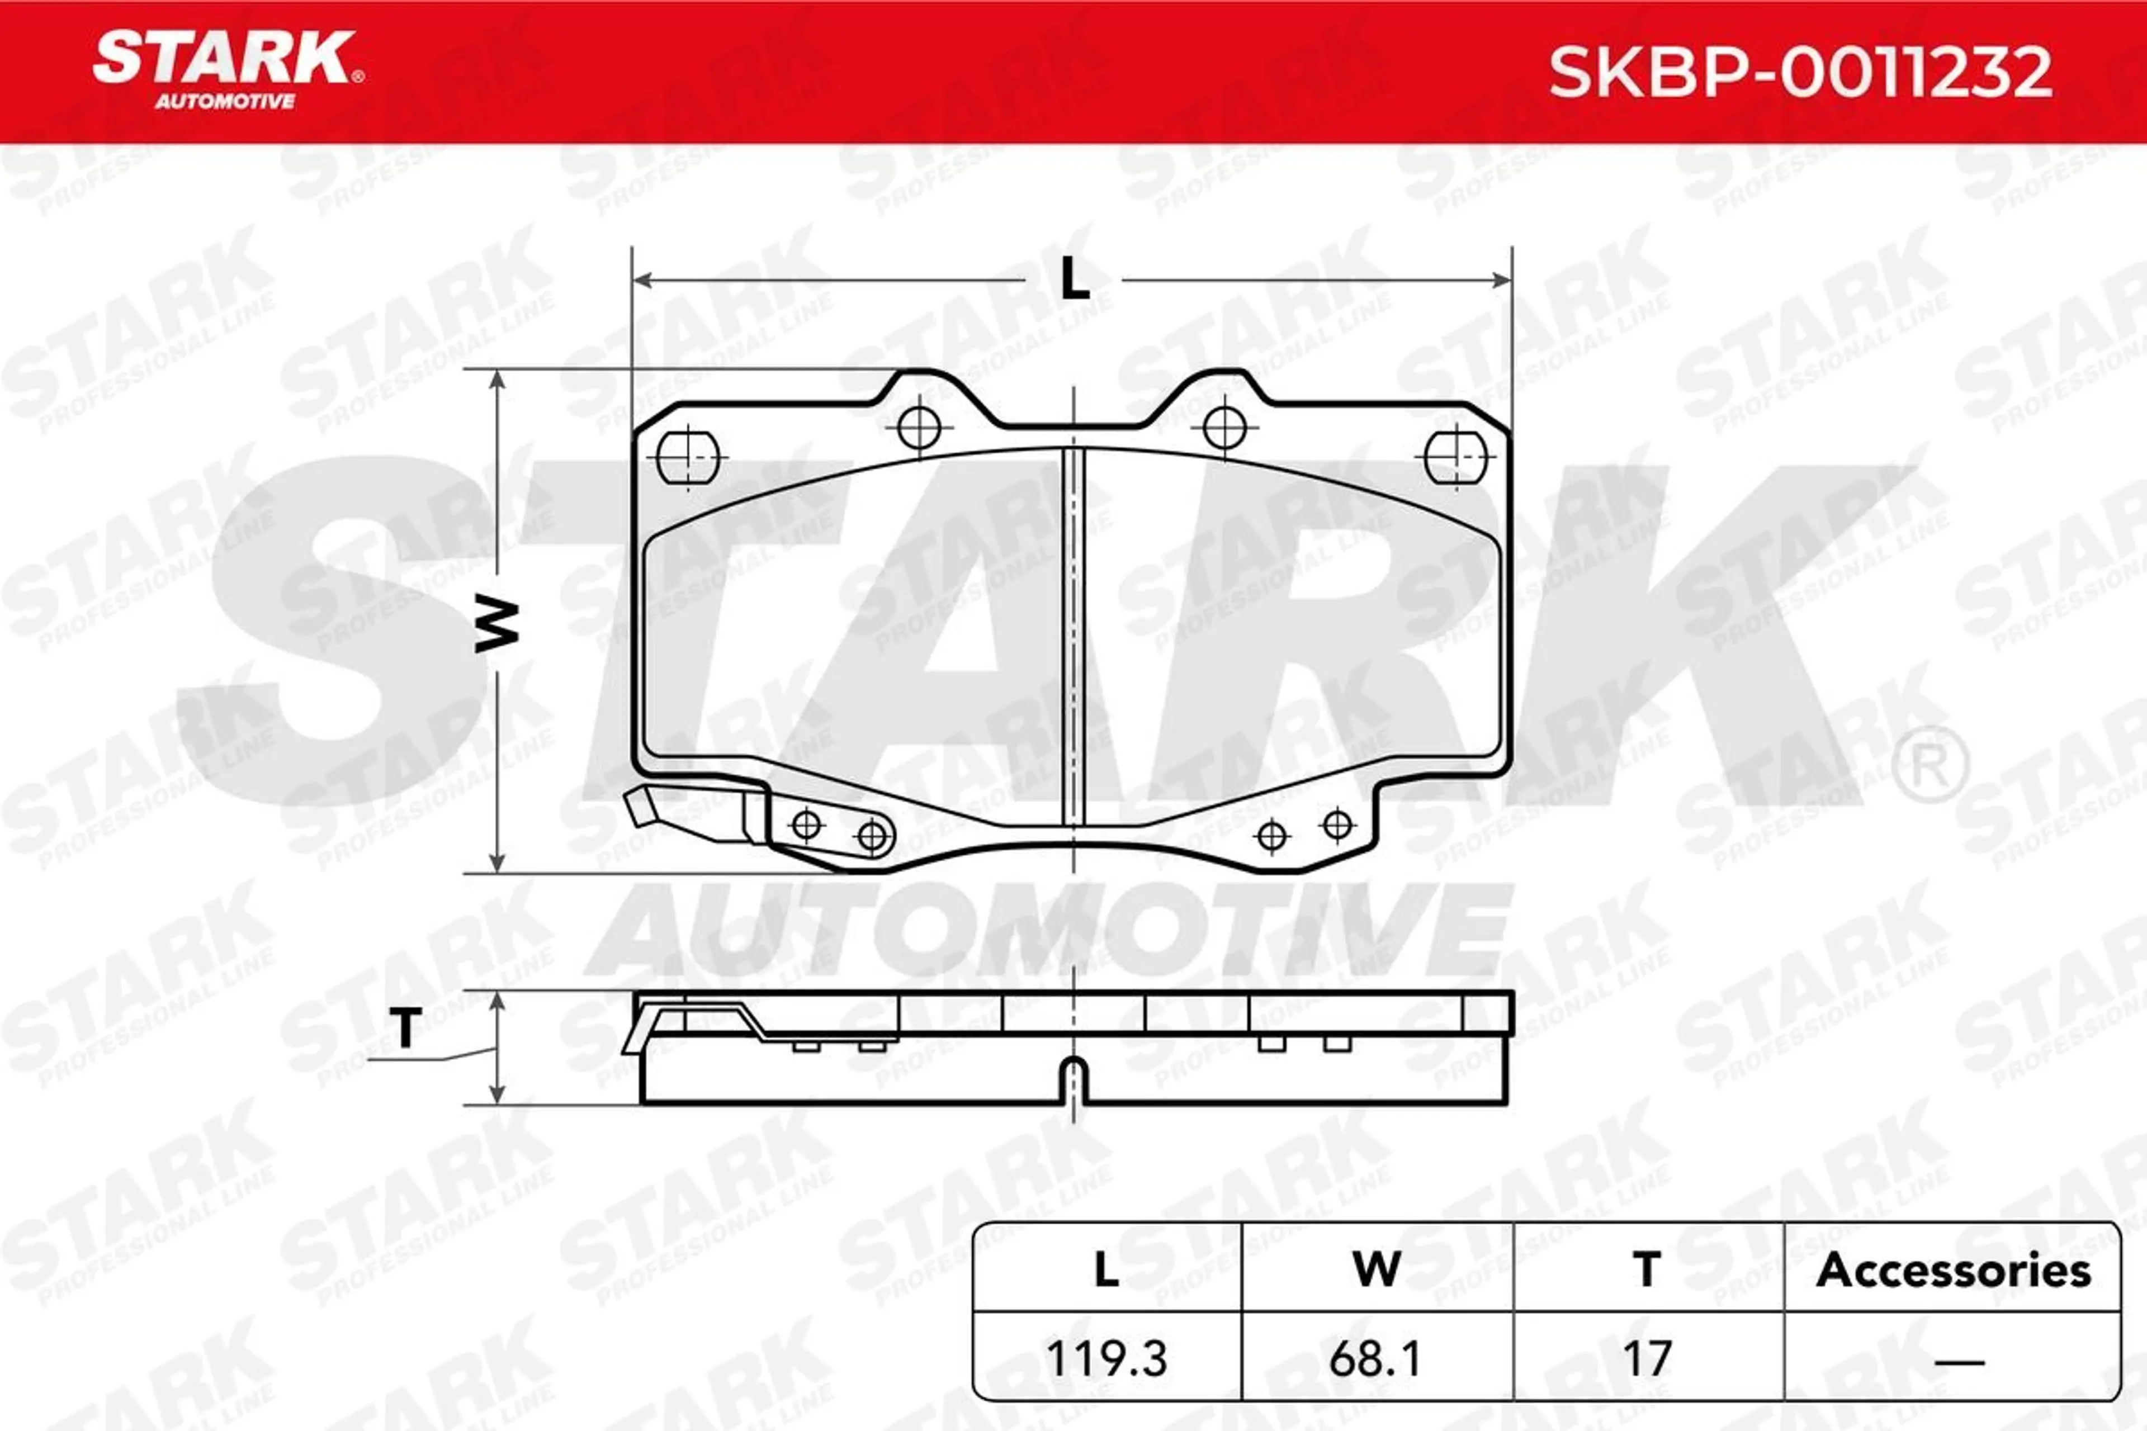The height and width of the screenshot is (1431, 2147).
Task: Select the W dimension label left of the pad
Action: pyautogui.click(x=496, y=624)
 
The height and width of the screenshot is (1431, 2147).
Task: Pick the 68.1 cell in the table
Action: pyautogui.click(x=1375, y=1359)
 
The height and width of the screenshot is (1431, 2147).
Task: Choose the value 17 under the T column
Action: pyautogui.click(x=1647, y=1359)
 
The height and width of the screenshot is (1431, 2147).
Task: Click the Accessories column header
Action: pyautogui.click(x=1952, y=1271)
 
